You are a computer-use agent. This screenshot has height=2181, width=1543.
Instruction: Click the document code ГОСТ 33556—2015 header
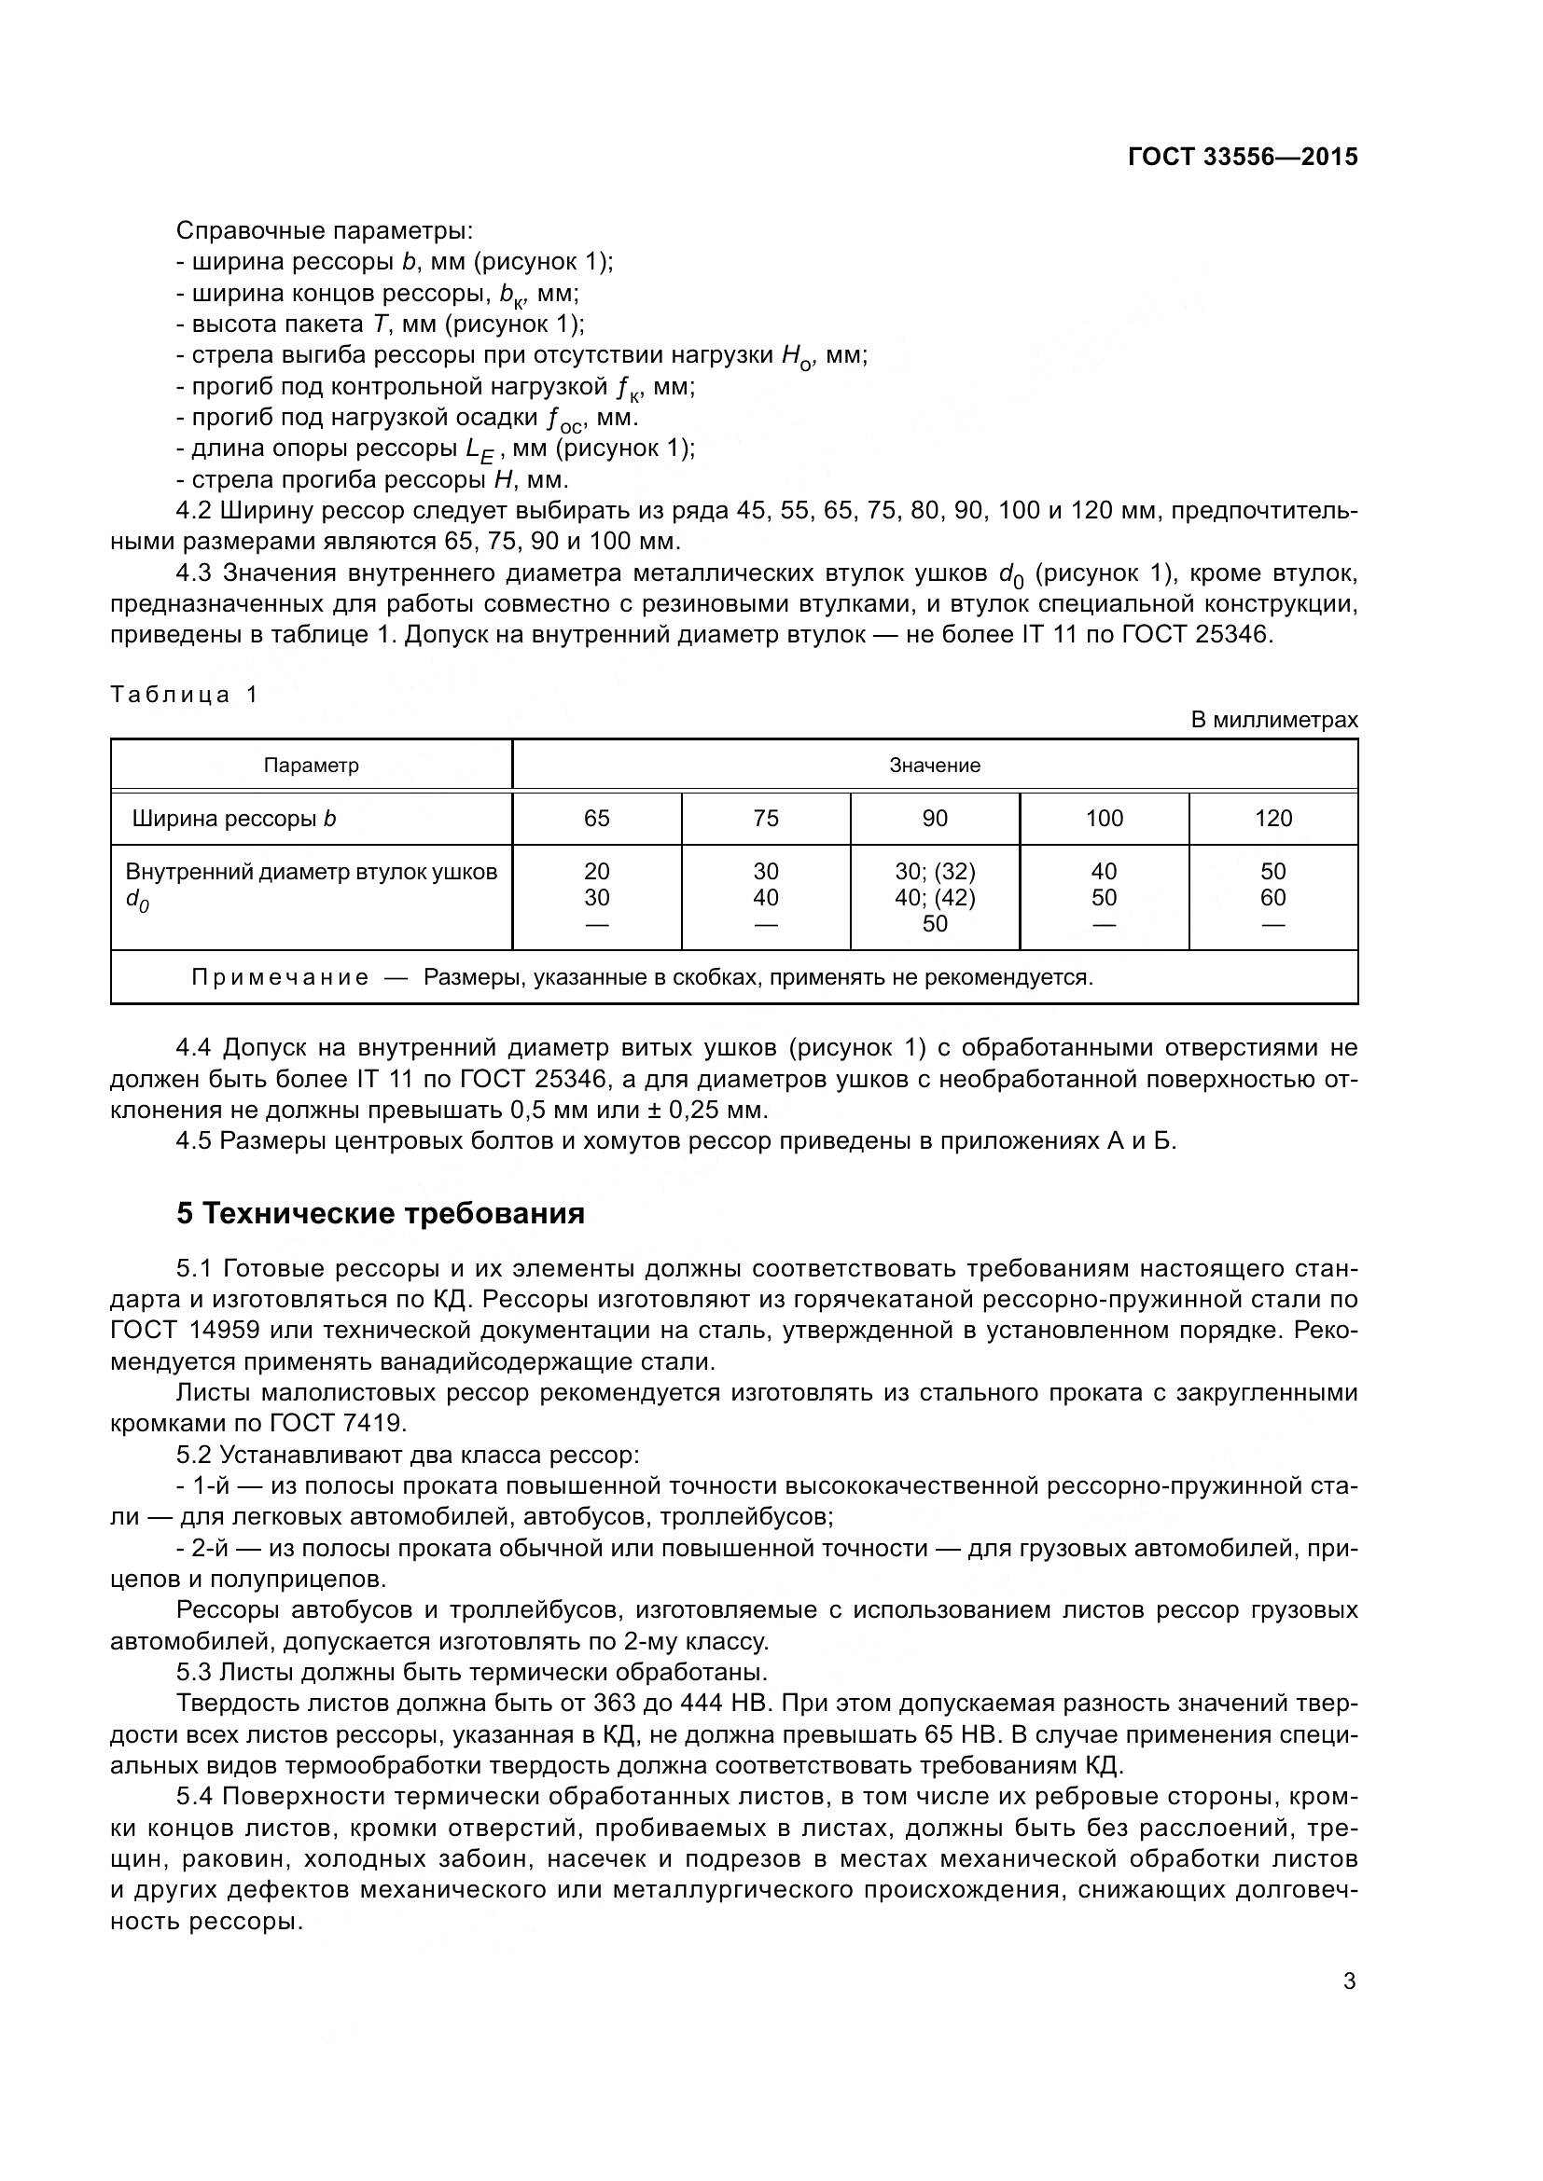1242,157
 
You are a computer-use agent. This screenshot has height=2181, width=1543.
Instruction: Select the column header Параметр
311,766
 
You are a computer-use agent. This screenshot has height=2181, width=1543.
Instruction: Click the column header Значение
934,766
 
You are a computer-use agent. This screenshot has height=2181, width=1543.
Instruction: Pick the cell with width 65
597,819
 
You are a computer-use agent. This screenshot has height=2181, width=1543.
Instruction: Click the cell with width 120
1273,819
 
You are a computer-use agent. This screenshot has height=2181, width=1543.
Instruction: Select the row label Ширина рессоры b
234,819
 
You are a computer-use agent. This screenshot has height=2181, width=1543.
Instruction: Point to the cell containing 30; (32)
935,871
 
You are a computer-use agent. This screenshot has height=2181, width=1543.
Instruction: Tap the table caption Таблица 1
184,695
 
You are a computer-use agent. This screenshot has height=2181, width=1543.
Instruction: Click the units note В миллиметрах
1274,720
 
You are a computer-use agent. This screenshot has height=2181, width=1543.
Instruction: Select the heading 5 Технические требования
380,1214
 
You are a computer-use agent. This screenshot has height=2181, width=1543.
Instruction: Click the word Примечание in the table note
280,977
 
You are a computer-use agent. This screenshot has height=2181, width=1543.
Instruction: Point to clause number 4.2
194,511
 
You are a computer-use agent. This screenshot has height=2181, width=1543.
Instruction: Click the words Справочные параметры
325,231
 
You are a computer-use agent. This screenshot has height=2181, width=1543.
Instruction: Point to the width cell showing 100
1104,819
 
